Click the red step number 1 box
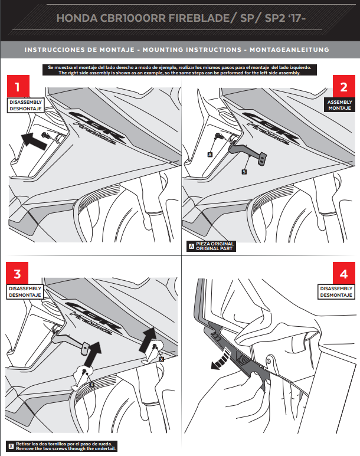point(18,87)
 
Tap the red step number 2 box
point(343,87)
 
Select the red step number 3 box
point(18,274)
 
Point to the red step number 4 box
point(343,274)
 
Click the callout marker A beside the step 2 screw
point(210,153)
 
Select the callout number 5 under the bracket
point(243,171)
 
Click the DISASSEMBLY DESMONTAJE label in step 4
point(336,291)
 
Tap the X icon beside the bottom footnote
point(11,445)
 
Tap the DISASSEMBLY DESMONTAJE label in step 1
point(24,105)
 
